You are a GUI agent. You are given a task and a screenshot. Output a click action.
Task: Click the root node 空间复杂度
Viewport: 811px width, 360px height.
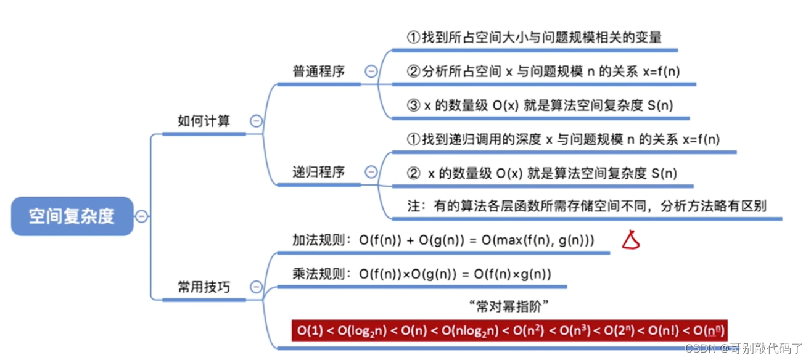click(72, 216)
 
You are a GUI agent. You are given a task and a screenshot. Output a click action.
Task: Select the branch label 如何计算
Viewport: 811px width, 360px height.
click(204, 121)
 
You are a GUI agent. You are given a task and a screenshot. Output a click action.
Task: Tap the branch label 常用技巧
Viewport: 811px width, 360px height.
click(204, 287)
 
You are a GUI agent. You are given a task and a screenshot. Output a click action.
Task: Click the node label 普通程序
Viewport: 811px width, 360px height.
click(318, 71)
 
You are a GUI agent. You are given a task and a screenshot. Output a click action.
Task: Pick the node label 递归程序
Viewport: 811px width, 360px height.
click(318, 172)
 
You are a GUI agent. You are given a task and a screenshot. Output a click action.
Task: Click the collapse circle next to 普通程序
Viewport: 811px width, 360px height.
click(371, 71)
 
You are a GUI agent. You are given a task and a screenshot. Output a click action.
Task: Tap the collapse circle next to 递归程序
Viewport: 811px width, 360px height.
click(371, 172)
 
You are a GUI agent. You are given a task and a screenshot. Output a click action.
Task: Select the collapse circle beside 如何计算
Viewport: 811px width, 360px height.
click(256, 121)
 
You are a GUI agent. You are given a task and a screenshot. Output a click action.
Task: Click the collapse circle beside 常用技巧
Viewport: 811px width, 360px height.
click(256, 287)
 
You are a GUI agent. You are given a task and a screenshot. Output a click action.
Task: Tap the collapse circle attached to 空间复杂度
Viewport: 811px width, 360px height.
click(141, 216)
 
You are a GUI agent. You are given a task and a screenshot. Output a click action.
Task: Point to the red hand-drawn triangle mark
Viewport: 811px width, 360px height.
click(630, 240)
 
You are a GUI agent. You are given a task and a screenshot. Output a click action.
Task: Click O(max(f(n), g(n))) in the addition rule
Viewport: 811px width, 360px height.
click(538, 240)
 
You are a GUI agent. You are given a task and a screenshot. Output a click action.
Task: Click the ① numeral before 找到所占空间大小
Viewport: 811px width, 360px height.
click(413, 38)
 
